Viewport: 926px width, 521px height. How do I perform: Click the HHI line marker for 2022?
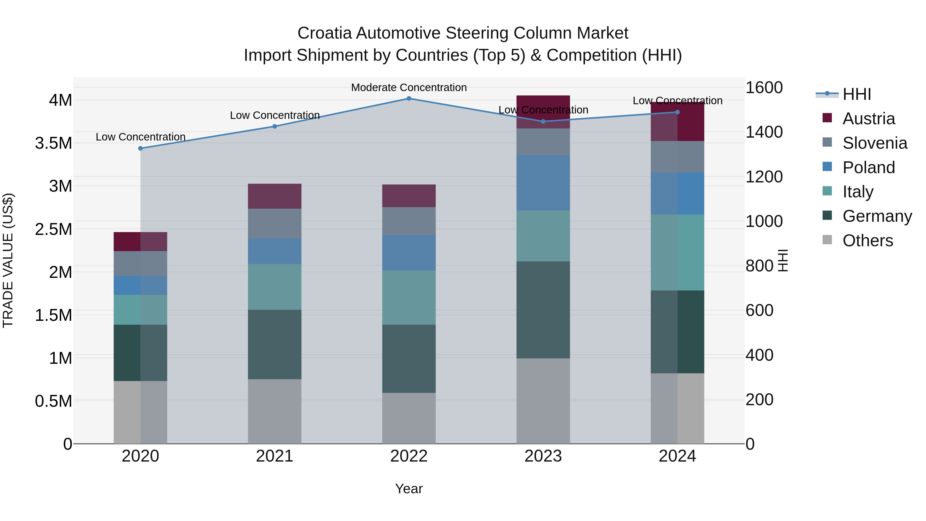pyautogui.click(x=409, y=99)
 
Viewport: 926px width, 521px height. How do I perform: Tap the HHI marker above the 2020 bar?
pyautogui.click(x=140, y=148)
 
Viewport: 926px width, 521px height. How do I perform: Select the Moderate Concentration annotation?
pyautogui.click(x=409, y=87)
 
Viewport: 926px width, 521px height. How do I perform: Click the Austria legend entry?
pyautogui.click(x=868, y=119)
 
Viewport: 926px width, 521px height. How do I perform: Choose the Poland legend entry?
pyautogui.click(x=868, y=167)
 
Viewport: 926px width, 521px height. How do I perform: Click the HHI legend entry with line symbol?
pyautogui.click(x=856, y=94)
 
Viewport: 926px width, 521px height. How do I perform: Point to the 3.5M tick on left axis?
pyautogui.click(x=54, y=143)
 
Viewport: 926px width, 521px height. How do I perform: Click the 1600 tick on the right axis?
pyautogui.click(x=764, y=87)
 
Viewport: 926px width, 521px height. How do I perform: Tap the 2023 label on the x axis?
pyautogui.click(x=543, y=456)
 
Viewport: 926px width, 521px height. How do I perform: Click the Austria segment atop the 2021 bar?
pyautogui.click(x=275, y=196)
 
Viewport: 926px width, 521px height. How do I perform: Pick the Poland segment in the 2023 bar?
pyautogui.click(x=543, y=183)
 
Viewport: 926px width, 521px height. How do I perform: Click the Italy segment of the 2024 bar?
pyautogui.click(x=677, y=252)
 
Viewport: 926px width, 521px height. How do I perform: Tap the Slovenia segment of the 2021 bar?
pyautogui.click(x=275, y=223)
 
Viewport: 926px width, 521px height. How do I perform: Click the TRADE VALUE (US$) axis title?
pyautogui.click(x=8, y=260)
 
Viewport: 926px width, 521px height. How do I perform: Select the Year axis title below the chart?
pyautogui.click(x=409, y=489)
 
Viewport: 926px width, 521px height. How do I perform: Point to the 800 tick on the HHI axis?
pyautogui.click(x=759, y=266)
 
